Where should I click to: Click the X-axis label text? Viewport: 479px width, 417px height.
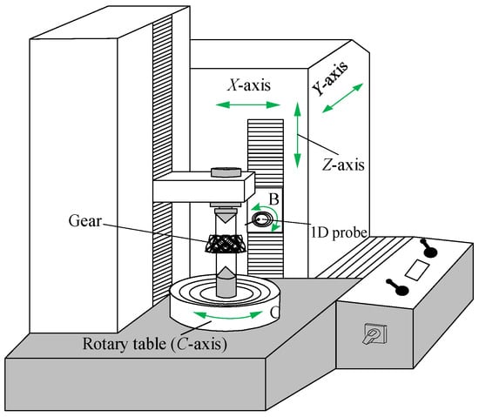(249, 85)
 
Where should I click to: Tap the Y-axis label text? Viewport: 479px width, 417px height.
(330, 78)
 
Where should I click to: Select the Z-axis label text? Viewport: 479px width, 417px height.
(343, 165)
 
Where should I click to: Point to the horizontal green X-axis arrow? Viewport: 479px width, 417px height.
(247, 105)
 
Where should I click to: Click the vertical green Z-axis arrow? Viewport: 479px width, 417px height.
(297, 135)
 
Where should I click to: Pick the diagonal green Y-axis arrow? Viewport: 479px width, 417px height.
(342, 98)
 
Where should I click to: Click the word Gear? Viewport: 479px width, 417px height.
(85, 221)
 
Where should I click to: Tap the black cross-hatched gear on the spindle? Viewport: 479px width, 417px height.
(226, 244)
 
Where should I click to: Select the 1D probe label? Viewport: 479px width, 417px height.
(339, 232)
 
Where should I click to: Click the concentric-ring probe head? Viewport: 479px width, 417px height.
(262, 219)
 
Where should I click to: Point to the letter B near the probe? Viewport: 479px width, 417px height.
(274, 199)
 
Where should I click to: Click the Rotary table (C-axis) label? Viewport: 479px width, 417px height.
(155, 344)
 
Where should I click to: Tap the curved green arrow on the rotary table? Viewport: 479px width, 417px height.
(228, 316)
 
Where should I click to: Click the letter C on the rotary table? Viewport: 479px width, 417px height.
(274, 312)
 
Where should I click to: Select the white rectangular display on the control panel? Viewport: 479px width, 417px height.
(416, 270)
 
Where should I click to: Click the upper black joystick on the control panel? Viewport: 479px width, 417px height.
(430, 248)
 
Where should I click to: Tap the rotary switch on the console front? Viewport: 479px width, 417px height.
(375, 333)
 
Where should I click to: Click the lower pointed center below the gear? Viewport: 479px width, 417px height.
(226, 281)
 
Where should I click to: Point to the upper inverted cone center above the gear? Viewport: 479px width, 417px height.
(226, 216)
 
